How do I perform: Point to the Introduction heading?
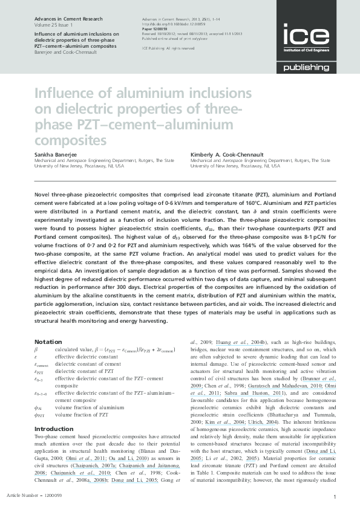pyautogui.click(x=54, y=429)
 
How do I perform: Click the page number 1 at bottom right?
pyautogui.click(x=335, y=496)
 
